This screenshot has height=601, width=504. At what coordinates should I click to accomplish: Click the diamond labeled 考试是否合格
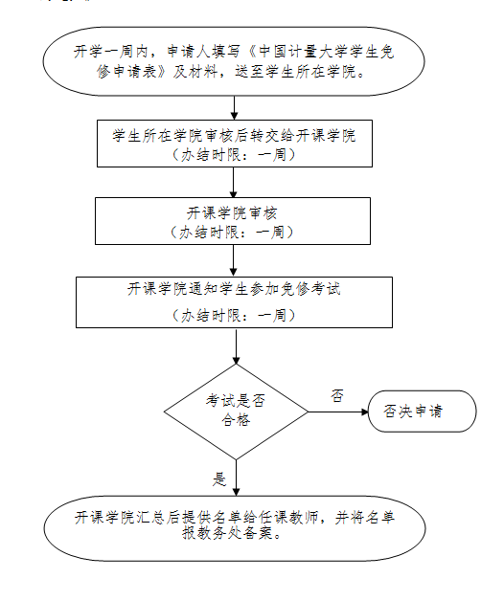pyautogui.click(x=236, y=412)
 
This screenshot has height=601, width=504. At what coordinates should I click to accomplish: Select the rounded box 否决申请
pyautogui.click(x=422, y=412)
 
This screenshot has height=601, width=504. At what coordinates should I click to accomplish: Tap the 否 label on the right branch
pyautogui.click(x=337, y=395)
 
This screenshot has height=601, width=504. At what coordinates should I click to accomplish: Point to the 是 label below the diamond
pyautogui.click(x=219, y=479)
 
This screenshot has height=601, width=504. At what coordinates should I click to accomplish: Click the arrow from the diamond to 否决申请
pyautogui.click(x=338, y=412)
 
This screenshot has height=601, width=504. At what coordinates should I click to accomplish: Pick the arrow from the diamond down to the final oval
pyautogui.click(x=236, y=478)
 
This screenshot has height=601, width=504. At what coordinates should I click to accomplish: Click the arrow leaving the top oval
pyautogui.click(x=234, y=108)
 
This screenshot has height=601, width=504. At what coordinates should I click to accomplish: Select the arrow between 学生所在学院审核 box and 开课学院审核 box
pyautogui.click(x=234, y=183)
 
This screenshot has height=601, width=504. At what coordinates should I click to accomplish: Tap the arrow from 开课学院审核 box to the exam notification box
pyautogui.click(x=233, y=260)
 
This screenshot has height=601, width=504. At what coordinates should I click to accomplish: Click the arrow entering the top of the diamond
pyautogui.click(x=236, y=345)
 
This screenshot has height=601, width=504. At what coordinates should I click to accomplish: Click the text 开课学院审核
pyautogui.click(x=232, y=213)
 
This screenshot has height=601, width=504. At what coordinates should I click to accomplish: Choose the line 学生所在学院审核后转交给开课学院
pyautogui.click(x=234, y=135)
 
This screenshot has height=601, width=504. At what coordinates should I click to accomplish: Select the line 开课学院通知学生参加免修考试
pyautogui.click(x=234, y=289)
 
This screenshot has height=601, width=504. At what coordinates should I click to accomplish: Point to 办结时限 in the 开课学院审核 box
pyautogui.click(x=209, y=233)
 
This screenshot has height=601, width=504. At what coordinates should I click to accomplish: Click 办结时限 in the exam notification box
pyautogui.click(x=211, y=316)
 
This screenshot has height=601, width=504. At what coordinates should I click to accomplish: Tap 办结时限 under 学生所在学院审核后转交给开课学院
pyautogui.click(x=211, y=155)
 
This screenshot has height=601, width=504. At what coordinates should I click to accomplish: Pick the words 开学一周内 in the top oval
pyautogui.click(x=110, y=52)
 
